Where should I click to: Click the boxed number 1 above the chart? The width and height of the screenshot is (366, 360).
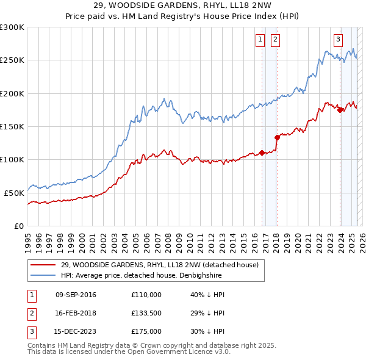pos(260,40)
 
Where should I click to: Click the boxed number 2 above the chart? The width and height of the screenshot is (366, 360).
pos(275,40)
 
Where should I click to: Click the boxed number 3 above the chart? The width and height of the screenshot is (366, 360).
pos(338,40)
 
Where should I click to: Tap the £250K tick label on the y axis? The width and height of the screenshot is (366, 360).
pos(12,60)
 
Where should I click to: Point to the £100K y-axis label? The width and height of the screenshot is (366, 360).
pos(12,159)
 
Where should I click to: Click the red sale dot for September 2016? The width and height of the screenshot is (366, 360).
pos(262,153)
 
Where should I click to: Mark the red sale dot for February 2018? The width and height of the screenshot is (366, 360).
pos(277,137)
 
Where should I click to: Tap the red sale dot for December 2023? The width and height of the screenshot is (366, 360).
pos(340,110)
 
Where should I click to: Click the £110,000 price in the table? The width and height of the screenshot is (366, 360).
pos(146,295)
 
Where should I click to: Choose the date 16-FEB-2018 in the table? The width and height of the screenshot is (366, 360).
pos(76,313)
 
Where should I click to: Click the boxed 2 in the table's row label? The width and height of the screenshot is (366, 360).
pos(30,313)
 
